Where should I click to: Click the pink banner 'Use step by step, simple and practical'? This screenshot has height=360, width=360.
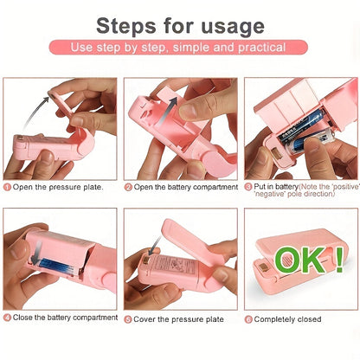click(x=179, y=47)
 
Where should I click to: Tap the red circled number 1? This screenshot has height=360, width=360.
click(x=7, y=187)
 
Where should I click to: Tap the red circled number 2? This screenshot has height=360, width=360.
click(x=128, y=187)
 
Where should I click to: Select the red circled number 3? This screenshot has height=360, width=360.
click(x=247, y=187)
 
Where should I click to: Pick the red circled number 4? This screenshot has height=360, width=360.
click(x=7, y=318)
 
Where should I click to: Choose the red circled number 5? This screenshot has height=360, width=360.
click(x=128, y=318)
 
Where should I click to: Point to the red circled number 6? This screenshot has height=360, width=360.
click(x=247, y=318)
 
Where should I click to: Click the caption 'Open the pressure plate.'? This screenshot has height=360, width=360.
click(x=58, y=187)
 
